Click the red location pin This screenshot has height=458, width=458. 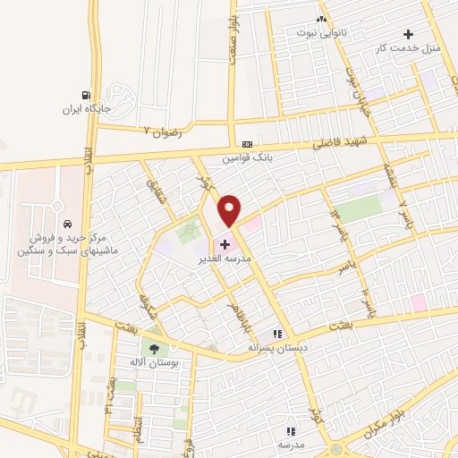pos(230,209)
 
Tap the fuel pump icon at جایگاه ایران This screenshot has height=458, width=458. pos(86,95)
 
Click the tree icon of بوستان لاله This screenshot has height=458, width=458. pos(155,349)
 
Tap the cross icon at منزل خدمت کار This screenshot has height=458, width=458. pos(409,34)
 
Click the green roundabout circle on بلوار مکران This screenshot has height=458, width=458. pos(335,450)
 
